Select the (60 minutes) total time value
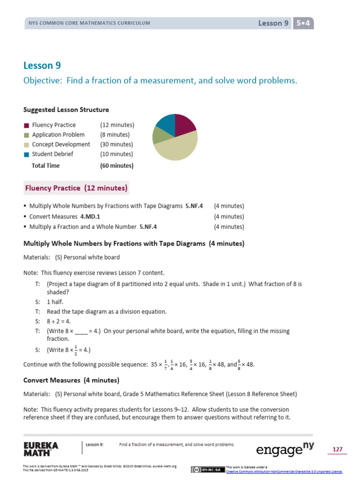(116, 165)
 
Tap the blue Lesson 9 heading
(42, 66)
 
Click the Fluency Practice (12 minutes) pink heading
(76, 188)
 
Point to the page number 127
(337, 450)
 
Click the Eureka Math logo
(41, 449)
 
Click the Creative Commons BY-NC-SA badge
(208, 470)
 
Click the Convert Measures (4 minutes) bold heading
(71, 380)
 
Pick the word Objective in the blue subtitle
(42, 81)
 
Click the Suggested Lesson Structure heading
(66, 110)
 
